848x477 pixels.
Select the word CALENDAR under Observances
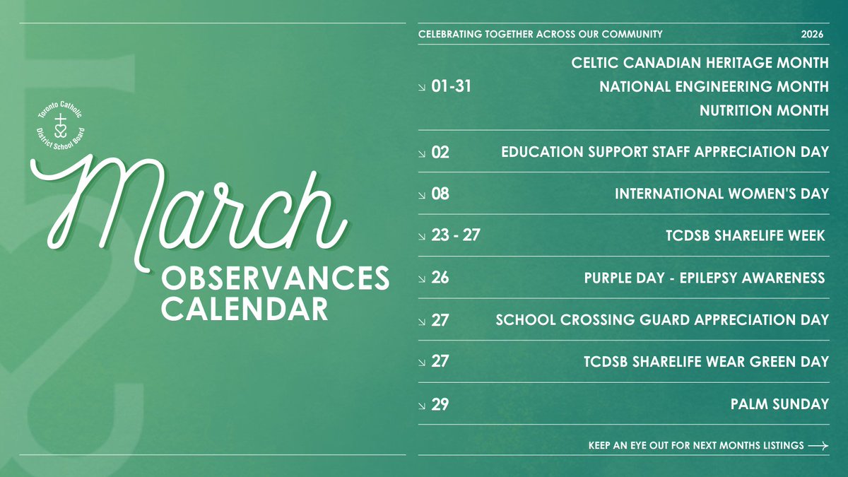(245, 309)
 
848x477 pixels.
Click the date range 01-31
(451, 87)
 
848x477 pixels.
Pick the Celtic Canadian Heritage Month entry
(700, 63)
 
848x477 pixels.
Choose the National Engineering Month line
(714, 87)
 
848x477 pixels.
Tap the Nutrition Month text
(764, 110)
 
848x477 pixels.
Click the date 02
(440, 152)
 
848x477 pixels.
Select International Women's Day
(722, 194)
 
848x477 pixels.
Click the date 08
(440, 194)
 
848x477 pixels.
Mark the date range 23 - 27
(455, 235)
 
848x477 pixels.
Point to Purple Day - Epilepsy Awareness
(705, 278)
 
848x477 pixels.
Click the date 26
(440, 278)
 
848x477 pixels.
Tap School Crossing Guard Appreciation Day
(662, 319)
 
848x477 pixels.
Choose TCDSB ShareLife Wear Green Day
(706, 362)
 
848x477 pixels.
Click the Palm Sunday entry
(779, 404)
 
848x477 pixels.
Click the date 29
(440, 404)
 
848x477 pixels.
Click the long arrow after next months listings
(818, 446)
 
